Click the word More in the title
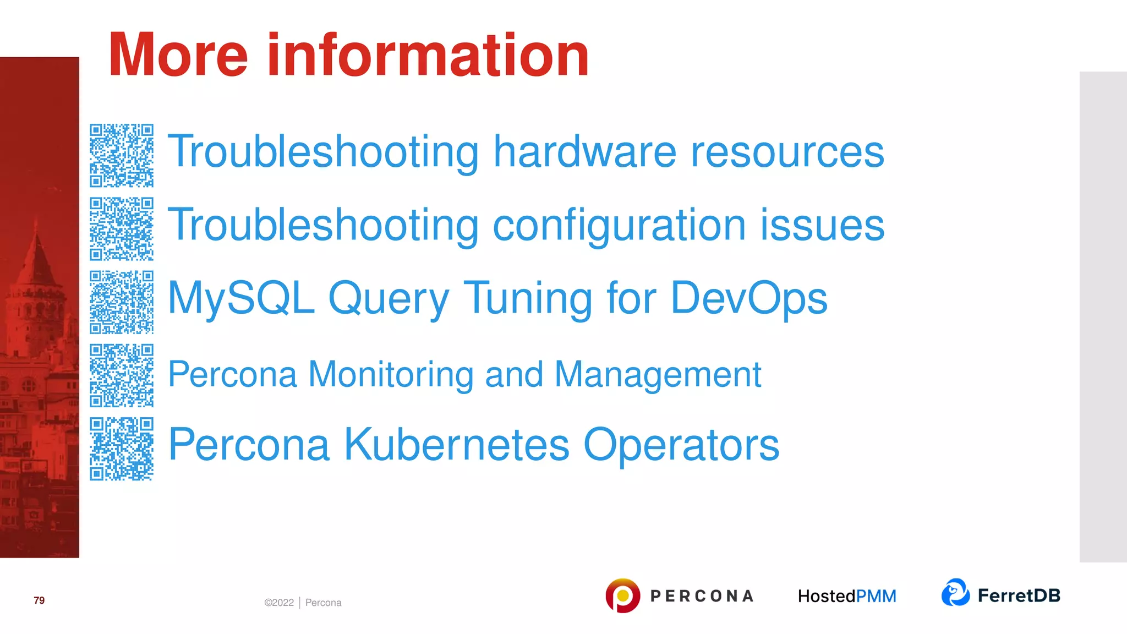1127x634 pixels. click(178, 55)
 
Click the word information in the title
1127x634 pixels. click(428, 55)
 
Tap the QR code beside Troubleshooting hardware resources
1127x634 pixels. click(122, 155)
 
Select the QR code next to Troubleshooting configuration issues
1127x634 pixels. click(122, 229)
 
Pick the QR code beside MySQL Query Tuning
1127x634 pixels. click(122, 302)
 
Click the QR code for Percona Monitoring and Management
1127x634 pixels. click(122, 375)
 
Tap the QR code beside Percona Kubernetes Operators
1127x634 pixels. click(122, 449)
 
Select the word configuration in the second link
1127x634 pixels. click(619, 226)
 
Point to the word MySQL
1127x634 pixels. click(241, 298)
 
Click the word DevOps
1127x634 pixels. click(748, 298)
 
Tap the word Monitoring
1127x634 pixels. click(391, 374)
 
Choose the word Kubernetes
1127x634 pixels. click(456, 444)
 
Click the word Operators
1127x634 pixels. click(681, 444)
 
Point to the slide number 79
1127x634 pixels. click(39, 600)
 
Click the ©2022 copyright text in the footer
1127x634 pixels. click(279, 603)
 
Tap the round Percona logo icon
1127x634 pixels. click(622, 595)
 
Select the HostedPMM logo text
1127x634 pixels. click(847, 596)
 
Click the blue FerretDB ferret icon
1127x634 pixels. click(955, 593)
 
